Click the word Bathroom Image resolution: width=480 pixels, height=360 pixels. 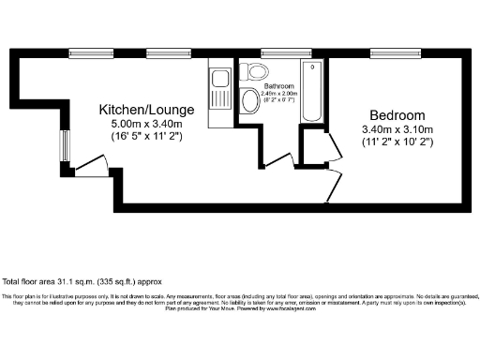pos(278,85)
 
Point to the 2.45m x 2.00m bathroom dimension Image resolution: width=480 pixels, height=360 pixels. pos(278,93)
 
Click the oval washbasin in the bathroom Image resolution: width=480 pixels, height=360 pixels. pos(249,100)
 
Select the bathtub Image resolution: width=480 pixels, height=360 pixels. pos(313,92)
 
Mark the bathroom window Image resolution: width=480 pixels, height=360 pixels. pos(273,52)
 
